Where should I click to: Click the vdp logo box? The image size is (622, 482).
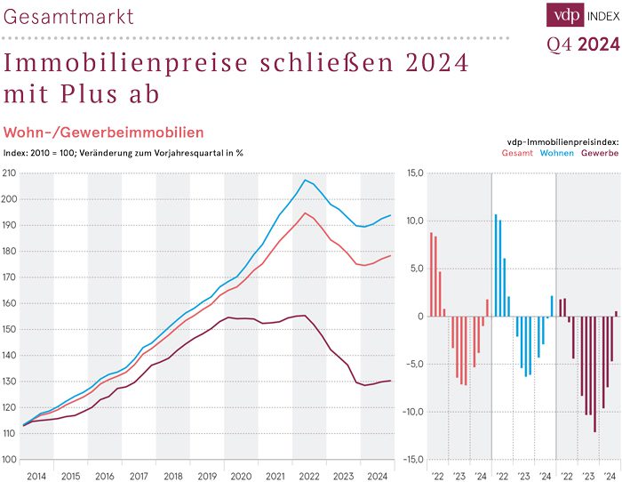[x=563, y=15]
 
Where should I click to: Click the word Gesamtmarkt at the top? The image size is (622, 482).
[x=68, y=16]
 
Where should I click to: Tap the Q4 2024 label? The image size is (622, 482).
[x=582, y=44]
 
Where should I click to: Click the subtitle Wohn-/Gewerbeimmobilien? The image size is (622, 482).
[x=104, y=133]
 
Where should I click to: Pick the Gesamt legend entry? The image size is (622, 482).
[x=517, y=153]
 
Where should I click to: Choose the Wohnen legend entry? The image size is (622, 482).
[x=557, y=153]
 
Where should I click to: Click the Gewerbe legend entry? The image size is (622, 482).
[x=600, y=153]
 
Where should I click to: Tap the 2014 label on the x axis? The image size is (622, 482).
[x=36, y=476]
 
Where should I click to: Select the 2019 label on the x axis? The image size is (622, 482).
[x=207, y=476]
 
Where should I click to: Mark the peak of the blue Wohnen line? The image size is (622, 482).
[x=305, y=181]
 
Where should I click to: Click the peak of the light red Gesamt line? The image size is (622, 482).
[x=305, y=213]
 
